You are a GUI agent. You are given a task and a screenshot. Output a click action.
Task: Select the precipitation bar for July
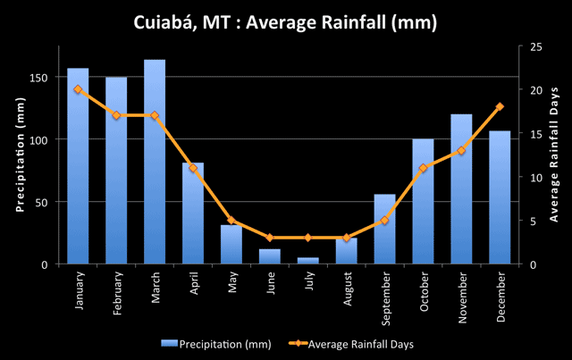point(308,261)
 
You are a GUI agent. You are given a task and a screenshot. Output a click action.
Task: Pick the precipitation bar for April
point(193,213)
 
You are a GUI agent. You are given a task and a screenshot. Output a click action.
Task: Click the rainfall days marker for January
point(78,89)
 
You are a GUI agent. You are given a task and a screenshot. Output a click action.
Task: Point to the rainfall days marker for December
point(500,106)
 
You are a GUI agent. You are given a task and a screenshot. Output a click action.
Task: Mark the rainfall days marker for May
point(231,221)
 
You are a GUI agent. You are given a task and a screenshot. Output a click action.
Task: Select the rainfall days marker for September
point(384,221)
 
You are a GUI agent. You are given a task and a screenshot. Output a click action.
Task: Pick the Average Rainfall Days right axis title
point(553,154)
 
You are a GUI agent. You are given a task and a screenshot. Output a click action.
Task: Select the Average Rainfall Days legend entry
point(358,342)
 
